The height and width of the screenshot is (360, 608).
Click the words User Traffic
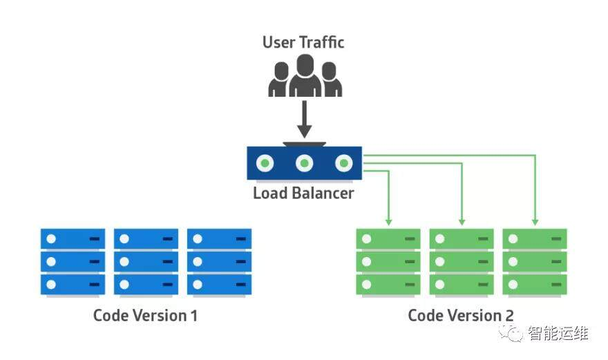pos(303,42)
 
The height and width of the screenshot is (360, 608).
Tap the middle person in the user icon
pos(305,77)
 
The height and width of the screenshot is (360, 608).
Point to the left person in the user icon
pos(280,80)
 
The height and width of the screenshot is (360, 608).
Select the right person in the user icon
pos(330,80)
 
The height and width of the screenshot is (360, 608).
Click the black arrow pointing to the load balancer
pos(304,121)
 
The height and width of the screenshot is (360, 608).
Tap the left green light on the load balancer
pos(265,164)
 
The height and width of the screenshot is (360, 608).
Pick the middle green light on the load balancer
pos(304,164)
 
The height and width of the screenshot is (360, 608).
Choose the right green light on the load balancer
pos(343,164)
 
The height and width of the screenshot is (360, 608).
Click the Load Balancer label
pos(303,193)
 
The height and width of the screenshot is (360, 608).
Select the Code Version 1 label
pos(145,316)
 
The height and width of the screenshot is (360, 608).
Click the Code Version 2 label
pos(461,316)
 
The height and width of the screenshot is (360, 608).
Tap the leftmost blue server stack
pos(73,262)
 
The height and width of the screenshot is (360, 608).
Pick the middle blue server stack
pos(146,262)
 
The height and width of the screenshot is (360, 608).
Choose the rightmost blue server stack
pos(219,262)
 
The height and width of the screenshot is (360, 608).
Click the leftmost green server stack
pos(388,262)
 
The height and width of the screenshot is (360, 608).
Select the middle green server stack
pos(462,262)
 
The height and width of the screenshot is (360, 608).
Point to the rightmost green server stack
pos(535,262)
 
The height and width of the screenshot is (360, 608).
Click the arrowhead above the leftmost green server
pos(388,221)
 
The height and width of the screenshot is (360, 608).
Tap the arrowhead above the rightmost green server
pos(535,221)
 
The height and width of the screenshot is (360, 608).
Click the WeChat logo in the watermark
pos(515,334)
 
